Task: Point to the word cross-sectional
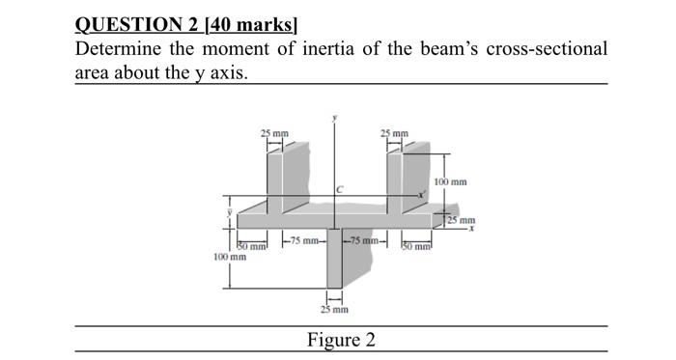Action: point(546,48)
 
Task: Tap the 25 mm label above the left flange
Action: point(273,132)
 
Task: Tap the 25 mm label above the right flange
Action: point(394,132)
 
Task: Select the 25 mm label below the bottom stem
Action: point(333,310)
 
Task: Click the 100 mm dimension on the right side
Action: point(450,181)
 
